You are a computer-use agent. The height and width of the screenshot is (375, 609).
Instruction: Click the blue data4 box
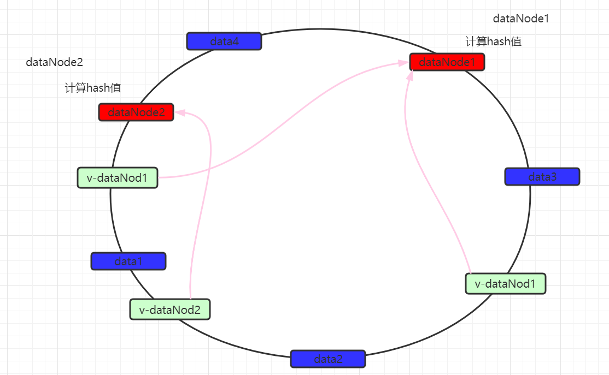[x=224, y=41]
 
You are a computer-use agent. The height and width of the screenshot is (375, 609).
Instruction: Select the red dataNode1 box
[x=447, y=62]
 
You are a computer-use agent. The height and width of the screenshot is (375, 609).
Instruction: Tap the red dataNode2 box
[x=136, y=112]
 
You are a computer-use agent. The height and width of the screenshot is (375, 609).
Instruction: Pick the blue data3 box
[x=542, y=177]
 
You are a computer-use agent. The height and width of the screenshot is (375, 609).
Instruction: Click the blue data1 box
[x=128, y=261]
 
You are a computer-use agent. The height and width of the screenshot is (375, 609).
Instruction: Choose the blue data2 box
[x=327, y=359]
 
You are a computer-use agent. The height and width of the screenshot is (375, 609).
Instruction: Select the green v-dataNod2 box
[x=169, y=310]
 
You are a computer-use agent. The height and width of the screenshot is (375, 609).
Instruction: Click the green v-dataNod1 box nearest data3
[x=506, y=284]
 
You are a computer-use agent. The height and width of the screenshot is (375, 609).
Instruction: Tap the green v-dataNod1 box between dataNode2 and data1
[x=118, y=177]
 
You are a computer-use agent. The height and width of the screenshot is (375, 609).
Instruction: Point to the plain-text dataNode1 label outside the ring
[x=520, y=19]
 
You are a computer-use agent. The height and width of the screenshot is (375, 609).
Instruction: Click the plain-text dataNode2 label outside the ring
[x=54, y=63]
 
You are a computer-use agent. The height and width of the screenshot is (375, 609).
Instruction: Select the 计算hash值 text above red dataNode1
[x=493, y=41]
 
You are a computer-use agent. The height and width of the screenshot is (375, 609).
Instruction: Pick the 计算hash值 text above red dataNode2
[x=93, y=88]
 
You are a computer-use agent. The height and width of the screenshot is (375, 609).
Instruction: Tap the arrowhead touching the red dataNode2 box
[x=180, y=112]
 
